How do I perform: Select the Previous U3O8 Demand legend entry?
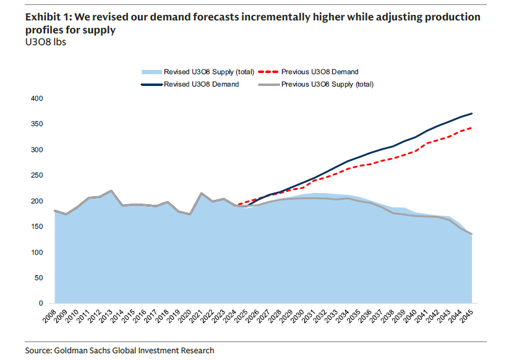click(319, 72)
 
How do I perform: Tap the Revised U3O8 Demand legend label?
click(201, 84)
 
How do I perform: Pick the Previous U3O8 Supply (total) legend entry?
click(327, 84)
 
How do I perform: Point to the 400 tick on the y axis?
click(36, 98)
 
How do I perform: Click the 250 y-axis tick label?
click(36, 176)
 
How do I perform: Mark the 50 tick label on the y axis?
click(38, 278)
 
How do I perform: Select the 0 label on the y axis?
click(40, 304)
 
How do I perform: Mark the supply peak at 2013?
click(111, 191)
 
